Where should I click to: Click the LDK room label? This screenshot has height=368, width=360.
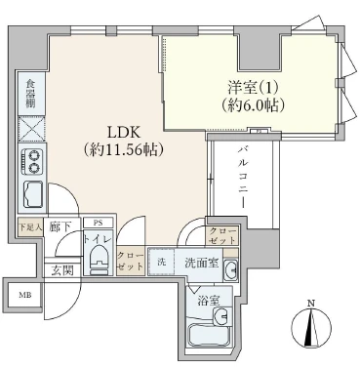click(x=121, y=133)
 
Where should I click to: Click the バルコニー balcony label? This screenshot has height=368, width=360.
click(x=242, y=175)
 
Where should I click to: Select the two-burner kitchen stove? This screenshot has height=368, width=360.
click(x=29, y=160)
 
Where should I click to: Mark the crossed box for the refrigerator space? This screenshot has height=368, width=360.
click(x=29, y=128)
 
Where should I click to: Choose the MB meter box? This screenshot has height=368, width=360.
click(x=21, y=293)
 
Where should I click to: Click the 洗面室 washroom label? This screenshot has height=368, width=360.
click(x=196, y=264)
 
